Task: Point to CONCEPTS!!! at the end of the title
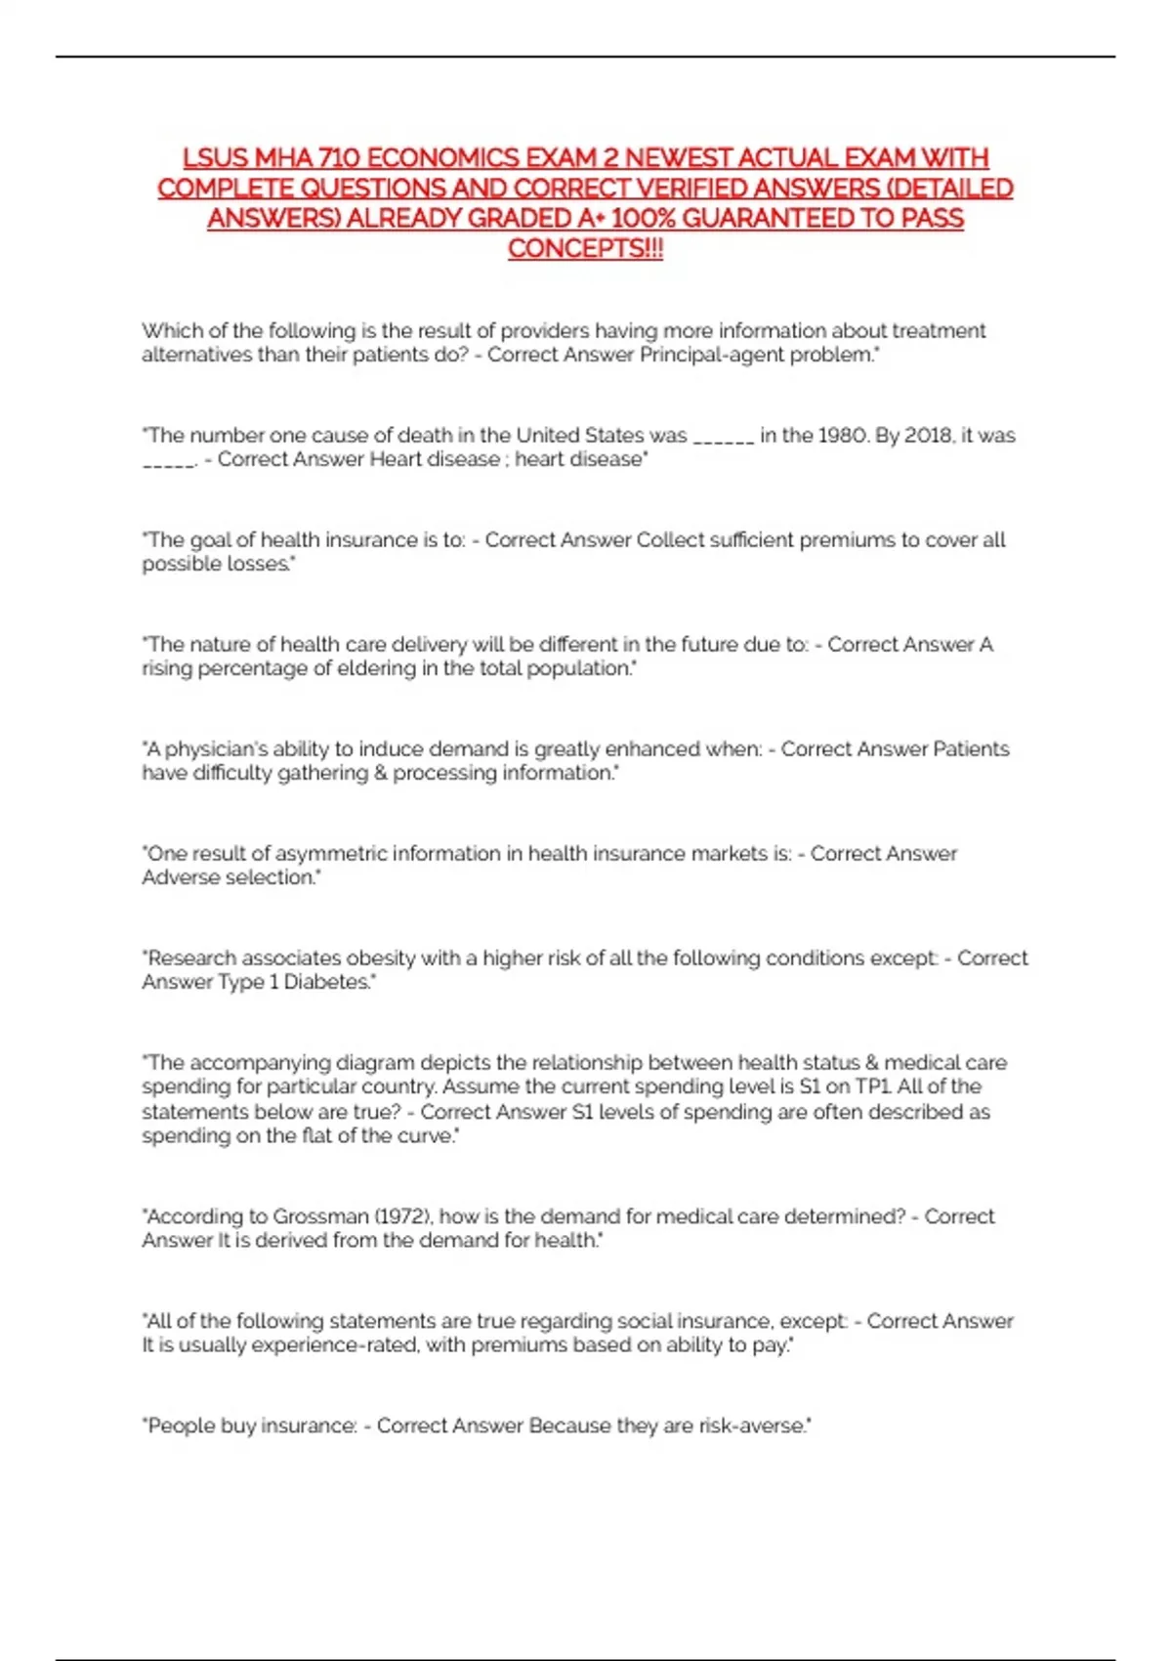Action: coord(585,248)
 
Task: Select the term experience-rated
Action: coord(333,1345)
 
